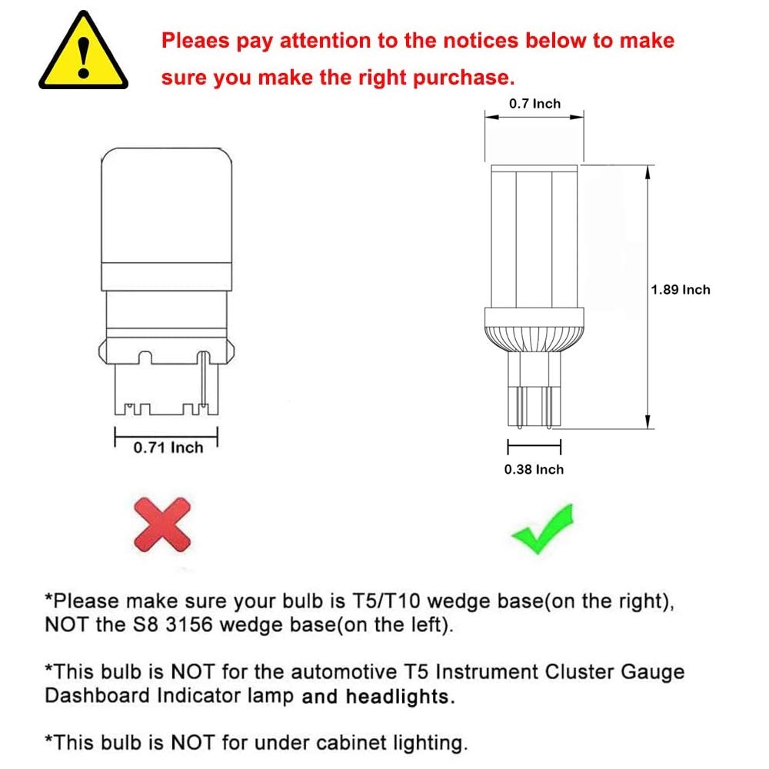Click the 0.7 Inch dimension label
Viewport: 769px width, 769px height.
click(x=535, y=104)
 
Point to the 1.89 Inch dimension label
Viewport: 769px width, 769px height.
click(x=680, y=290)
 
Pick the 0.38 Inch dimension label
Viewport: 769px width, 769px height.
click(x=534, y=469)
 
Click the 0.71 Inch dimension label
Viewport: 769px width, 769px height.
click(x=168, y=448)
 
